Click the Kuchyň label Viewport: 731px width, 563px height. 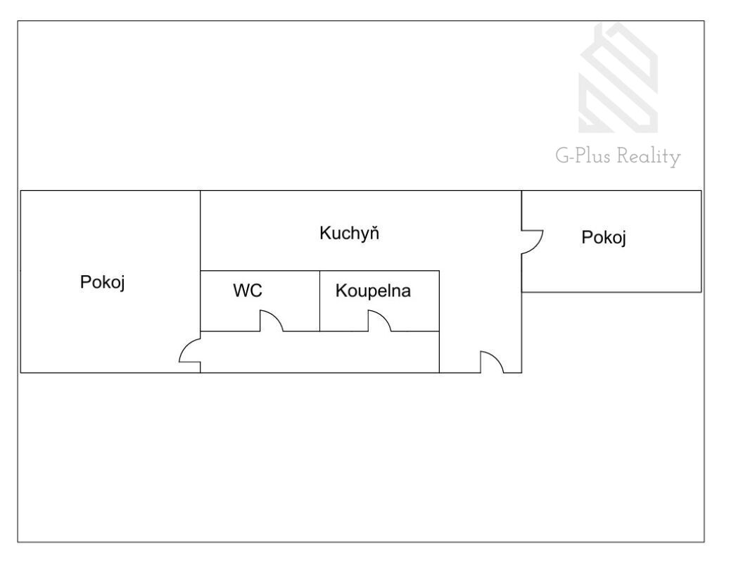(x=350, y=233)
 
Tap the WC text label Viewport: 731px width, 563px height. (x=248, y=291)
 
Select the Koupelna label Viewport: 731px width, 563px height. (x=373, y=291)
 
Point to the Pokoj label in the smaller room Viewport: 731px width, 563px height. (x=604, y=238)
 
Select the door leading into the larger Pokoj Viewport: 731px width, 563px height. (x=190, y=351)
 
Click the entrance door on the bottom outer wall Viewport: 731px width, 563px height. (x=491, y=362)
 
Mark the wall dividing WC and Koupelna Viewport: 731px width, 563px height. (x=319, y=301)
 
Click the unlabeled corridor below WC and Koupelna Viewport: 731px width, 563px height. (x=319, y=351)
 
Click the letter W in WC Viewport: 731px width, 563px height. (x=241, y=291)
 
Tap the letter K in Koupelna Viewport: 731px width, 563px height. (x=341, y=291)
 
